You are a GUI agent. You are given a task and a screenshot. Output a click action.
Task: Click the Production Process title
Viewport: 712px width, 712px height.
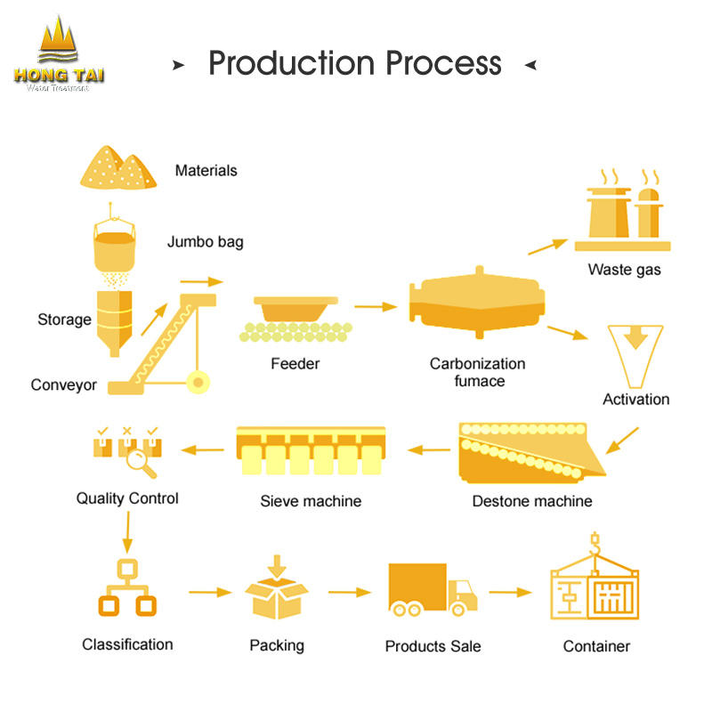[x=354, y=63]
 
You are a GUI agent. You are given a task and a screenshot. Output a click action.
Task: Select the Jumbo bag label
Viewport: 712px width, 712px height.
[x=205, y=241]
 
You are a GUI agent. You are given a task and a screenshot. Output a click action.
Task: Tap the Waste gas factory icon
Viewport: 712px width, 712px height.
[x=623, y=214]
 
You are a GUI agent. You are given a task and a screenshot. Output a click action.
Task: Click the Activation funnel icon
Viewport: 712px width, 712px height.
[x=635, y=352]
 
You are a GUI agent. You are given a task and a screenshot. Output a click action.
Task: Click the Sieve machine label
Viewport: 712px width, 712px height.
[x=311, y=501]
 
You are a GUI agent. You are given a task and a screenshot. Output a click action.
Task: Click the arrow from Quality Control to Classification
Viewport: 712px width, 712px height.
[x=127, y=533]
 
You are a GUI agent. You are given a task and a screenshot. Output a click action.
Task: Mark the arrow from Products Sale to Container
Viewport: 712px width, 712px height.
[x=510, y=592]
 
